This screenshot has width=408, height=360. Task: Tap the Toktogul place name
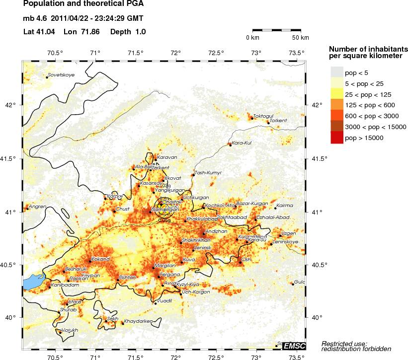tap(264, 116)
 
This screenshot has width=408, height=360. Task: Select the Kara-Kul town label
tap(243, 143)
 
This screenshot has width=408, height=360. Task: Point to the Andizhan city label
tap(216, 231)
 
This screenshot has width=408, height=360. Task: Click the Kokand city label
tap(100, 259)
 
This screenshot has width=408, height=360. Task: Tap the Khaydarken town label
tap(138, 321)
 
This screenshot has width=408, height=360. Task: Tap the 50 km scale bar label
tap(300, 38)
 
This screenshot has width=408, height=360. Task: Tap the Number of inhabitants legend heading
tap(368, 52)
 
